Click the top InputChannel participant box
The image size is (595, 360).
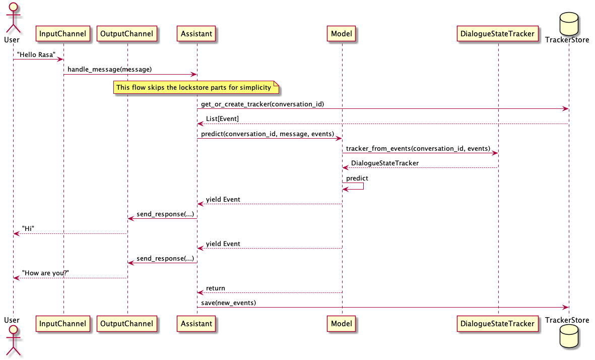(63, 34)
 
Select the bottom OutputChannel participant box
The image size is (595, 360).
(127, 324)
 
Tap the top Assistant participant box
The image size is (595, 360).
(197, 34)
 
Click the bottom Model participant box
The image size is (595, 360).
(342, 324)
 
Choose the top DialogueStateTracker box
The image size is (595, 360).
(498, 34)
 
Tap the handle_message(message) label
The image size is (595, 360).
(109, 69)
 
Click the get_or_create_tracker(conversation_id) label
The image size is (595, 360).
(262, 104)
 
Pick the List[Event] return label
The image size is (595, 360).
(222, 118)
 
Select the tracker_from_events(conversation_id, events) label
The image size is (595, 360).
(418, 148)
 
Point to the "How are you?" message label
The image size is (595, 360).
(45, 273)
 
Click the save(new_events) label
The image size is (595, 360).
(228, 303)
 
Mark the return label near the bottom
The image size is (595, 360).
(215, 288)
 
